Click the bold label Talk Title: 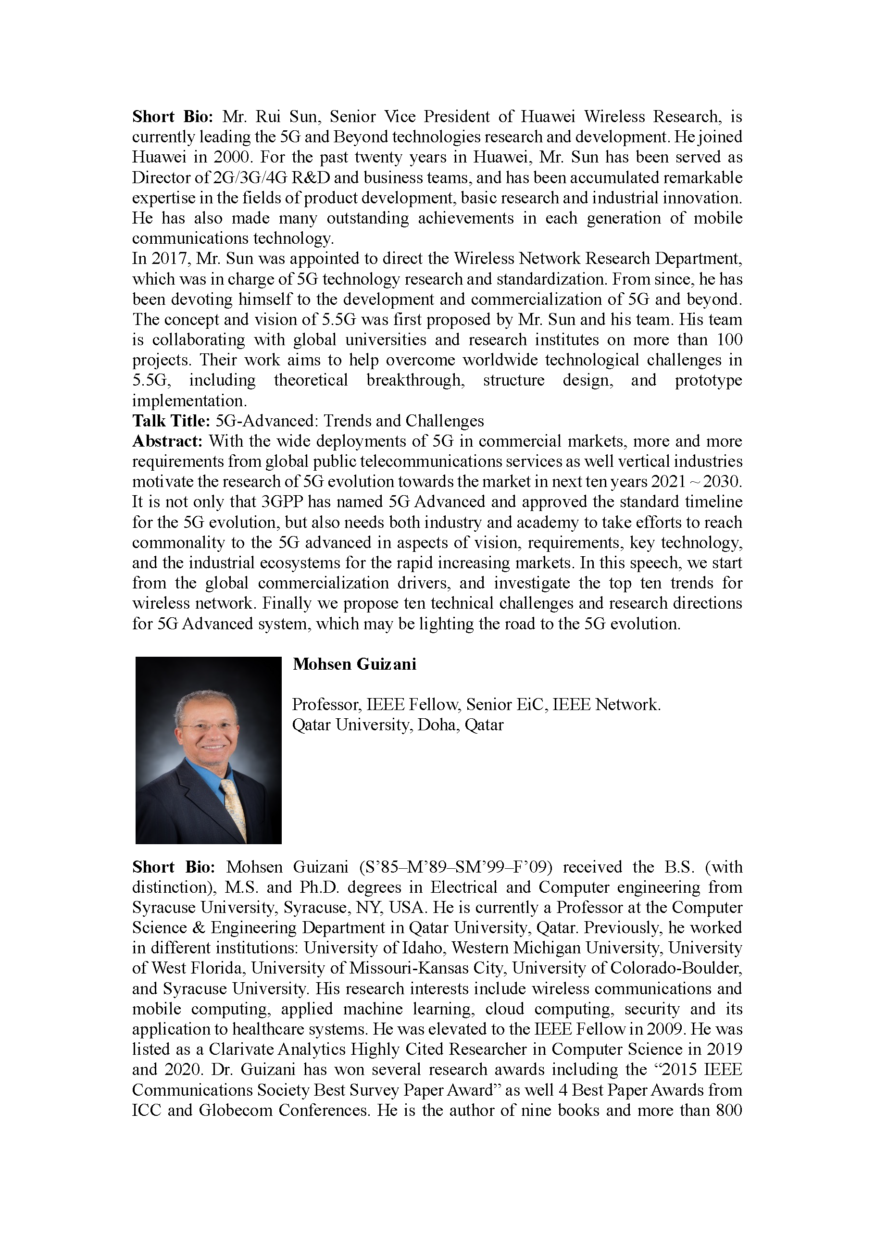click(171, 421)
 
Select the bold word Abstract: click(167, 441)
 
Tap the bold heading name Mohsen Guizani click(354, 664)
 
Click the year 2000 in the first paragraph click(232, 157)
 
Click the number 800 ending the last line click(729, 1111)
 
